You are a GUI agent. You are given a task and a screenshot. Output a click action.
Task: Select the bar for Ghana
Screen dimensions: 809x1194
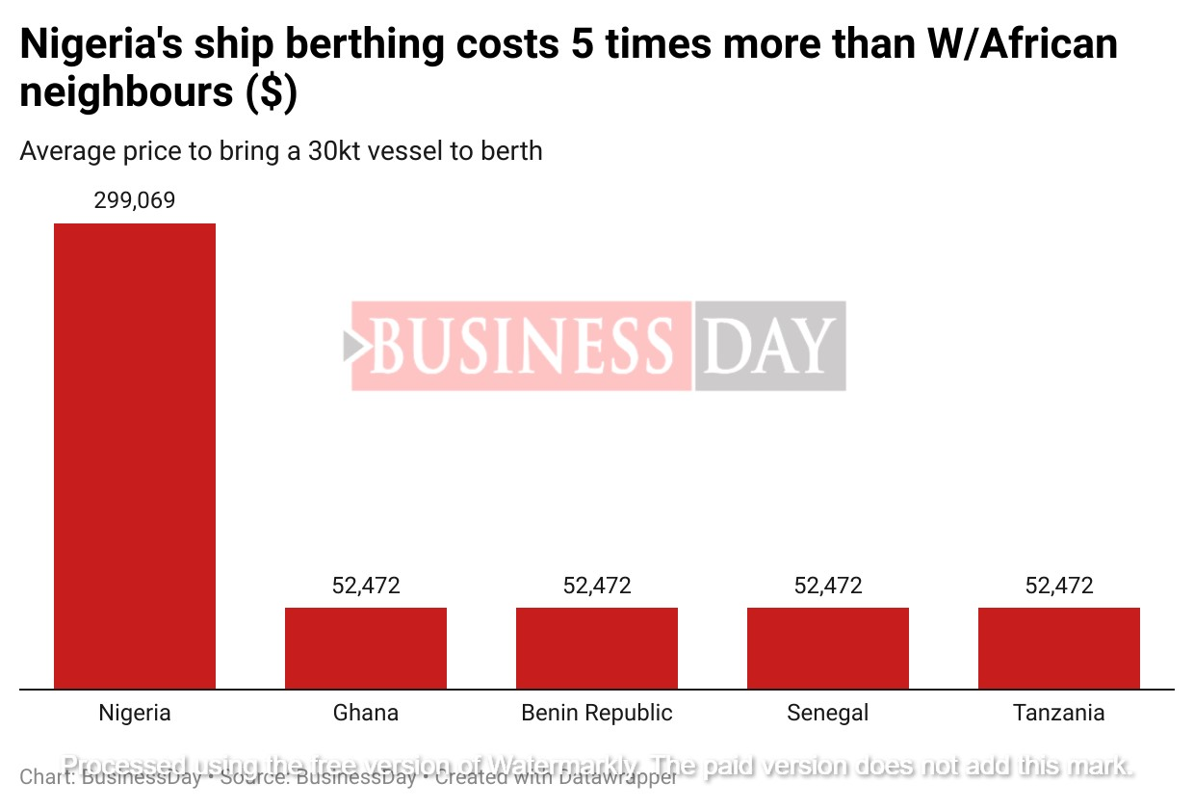366,647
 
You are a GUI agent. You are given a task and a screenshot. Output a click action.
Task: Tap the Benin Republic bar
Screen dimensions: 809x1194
597,647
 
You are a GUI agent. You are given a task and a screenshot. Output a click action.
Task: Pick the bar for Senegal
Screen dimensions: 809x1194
828,647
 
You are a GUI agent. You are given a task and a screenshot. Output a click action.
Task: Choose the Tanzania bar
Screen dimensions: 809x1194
1059,647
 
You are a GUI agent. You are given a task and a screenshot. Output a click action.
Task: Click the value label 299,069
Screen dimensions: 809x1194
135,201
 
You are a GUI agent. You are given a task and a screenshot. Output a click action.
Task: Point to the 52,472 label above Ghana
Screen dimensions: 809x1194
366,586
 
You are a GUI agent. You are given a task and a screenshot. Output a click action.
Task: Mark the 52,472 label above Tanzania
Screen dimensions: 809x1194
1059,586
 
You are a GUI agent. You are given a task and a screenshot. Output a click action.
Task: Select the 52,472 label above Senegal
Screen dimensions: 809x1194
828,586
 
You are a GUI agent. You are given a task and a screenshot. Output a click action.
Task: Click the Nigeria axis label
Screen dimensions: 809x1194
135,714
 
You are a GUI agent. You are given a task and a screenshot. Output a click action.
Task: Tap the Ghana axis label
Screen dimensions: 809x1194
366,714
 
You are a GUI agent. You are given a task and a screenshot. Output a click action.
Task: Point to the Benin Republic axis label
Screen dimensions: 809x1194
597,714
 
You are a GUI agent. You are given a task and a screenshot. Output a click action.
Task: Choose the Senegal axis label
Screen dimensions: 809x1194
828,714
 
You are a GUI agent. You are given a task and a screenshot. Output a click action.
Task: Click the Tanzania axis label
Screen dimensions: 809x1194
1059,714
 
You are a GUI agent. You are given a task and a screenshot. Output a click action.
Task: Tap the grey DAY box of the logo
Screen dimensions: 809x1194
769,346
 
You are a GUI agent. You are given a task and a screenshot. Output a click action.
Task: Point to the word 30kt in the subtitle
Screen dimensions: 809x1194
339,151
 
